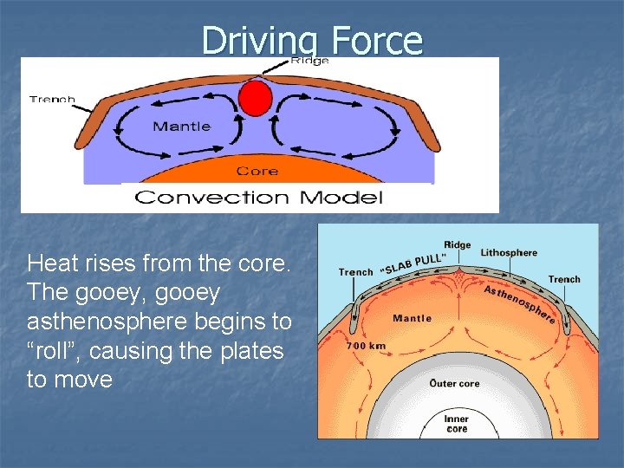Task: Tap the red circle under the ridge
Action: click(x=256, y=97)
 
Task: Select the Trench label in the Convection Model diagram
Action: click(x=52, y=99)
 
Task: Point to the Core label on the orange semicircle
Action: click(x=257, y=171)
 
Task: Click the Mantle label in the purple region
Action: click(x=181, y=127)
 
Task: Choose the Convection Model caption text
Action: click(x=258, y=198)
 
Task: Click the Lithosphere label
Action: click(x=509, y=253)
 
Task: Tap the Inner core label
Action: click(x=457, y=424)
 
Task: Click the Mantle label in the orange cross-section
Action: click(x=412, y=318)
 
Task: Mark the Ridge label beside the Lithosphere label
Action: click(x=457, y=244)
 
